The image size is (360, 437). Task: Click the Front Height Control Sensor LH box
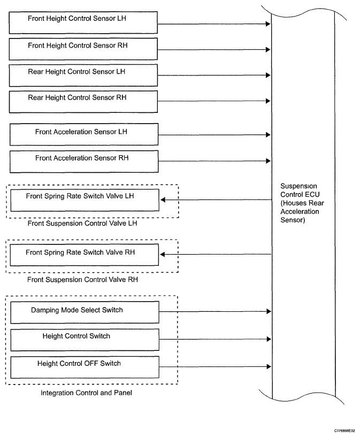[x=83, y=22]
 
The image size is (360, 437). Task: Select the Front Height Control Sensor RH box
[x=83, y=49]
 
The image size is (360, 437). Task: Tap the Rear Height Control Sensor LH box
[x=83, y=75]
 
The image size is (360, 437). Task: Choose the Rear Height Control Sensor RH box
[x=83, y=102]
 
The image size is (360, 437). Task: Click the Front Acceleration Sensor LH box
[x=84, y=134]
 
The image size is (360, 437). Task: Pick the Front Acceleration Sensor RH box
[x=84, y=162]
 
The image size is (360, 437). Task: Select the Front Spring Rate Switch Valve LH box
[x=85, y=200]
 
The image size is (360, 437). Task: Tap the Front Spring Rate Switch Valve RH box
[x=84, y=255]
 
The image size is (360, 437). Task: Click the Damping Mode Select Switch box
[x=85, y=312]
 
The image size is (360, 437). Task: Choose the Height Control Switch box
[x=85, y=340]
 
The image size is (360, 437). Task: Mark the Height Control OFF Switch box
[x=85, y=367]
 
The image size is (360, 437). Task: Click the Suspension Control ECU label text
[x=302, y=203]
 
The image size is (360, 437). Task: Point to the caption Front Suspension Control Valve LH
[x=82, y=224]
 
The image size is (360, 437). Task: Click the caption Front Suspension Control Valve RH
[x=82, y=280]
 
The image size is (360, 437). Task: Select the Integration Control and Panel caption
[x=86, y=393]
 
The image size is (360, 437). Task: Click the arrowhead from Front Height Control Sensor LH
[x=268, y=24]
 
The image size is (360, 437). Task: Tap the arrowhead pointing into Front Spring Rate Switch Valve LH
[x=163, y=200]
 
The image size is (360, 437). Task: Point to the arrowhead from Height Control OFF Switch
[x=269, y=366]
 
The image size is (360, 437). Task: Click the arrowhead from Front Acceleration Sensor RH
[x=268, y=161]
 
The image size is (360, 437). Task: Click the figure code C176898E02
[x=344, y=431]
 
